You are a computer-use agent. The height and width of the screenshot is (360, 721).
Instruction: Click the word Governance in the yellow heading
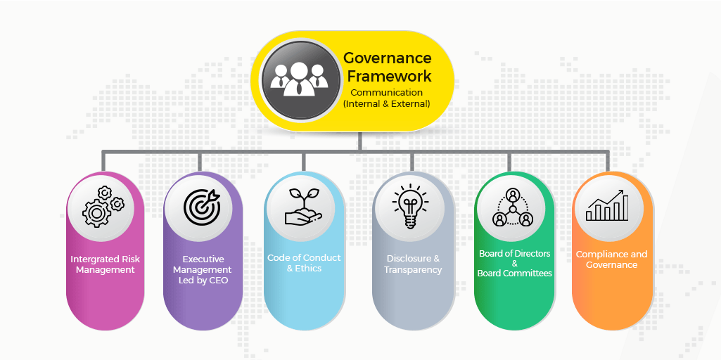[x=387, y=58]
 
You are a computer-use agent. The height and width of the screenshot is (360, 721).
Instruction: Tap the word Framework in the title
[x=388, y=75]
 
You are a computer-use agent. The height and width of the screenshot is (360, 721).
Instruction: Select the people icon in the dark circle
[x=300, y=79]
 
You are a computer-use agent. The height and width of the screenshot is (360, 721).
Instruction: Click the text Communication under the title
[x=386, y=92]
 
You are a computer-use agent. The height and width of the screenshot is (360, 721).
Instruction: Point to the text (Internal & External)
[x=386, y=103]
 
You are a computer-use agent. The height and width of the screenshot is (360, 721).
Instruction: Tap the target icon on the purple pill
[x=202, y=205]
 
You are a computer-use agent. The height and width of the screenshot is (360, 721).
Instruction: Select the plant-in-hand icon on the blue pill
[x=304, y=205]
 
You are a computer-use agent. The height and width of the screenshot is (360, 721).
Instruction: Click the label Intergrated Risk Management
[x=105, y=264]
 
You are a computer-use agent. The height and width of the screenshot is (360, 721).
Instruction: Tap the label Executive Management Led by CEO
[x=202, y=270]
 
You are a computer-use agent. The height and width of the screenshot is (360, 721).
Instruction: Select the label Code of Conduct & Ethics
[x=304, y=263]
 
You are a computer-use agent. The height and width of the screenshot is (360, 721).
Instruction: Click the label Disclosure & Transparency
[x=413, y=264]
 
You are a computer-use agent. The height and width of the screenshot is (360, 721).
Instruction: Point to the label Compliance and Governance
[x=611, y=259]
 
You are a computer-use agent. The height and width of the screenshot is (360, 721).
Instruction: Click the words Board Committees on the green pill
[x=514, y=274]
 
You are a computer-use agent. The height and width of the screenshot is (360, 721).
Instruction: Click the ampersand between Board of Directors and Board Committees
[x=514, y=264]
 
